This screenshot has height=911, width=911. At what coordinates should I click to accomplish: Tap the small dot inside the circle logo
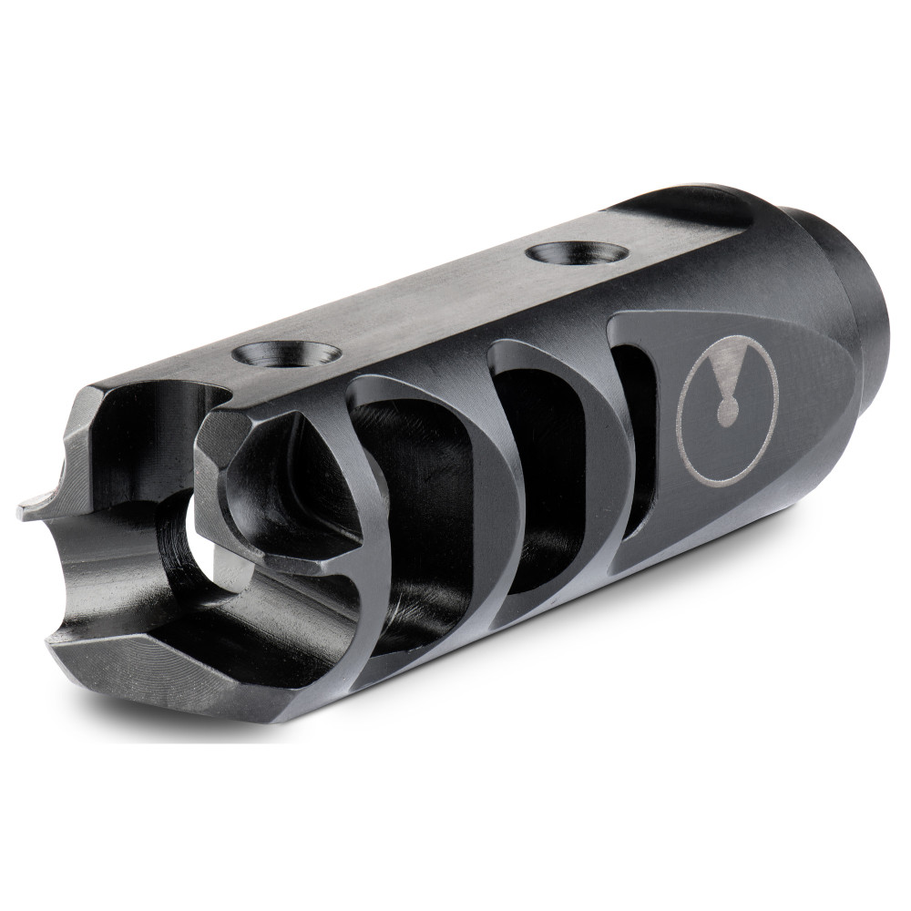(x=726, y=415)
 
